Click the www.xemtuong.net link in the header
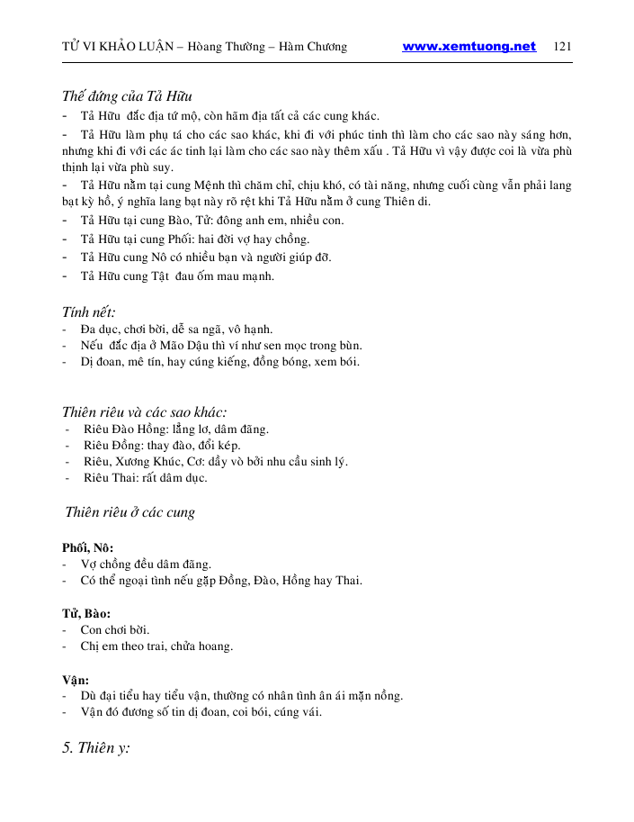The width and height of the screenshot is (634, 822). tap(469, 47)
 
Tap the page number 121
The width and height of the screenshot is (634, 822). tap(564, 47)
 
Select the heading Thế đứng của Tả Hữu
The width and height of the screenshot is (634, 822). tap(127, 96)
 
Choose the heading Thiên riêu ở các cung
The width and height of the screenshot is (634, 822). tap(130, 512)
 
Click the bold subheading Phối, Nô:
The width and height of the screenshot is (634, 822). tap(87, 548)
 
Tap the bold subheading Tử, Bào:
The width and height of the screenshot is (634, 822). tap(85, 613)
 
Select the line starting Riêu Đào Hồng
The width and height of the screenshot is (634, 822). tap(175, 429)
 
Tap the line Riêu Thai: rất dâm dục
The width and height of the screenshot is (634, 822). tap(145, 477)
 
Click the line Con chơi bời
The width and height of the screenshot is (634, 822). tap(115, 629)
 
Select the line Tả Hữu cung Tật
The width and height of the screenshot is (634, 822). tap(177, 276)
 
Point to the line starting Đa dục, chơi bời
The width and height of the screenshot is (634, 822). tap(176, 330)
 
